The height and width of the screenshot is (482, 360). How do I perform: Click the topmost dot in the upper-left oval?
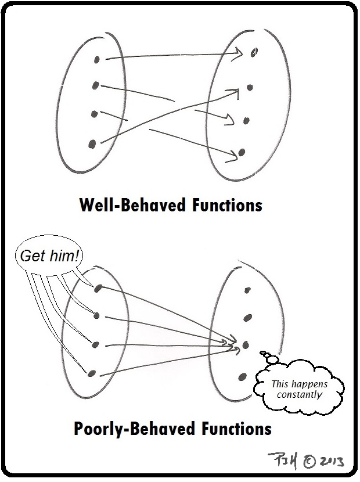click(x=97, y=59)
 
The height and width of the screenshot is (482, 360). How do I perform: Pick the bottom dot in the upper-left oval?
click(x=92, y=143)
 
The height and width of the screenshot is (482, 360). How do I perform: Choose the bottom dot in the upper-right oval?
click(x=242, y=152)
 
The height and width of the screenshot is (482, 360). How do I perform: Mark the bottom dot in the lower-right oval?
click(x=241, y=377)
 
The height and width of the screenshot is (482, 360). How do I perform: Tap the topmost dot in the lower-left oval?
click(x=98, y=288)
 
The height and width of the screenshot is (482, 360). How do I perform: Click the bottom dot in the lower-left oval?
click(x=91, y=373)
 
